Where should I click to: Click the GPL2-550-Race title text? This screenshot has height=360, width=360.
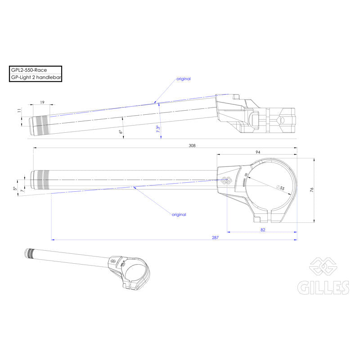[x=28, y=70]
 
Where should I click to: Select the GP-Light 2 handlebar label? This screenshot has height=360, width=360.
[x=36, y=77]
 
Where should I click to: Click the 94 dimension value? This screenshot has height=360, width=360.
[x=257, y=152]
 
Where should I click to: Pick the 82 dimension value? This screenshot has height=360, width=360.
[x=262, y=230]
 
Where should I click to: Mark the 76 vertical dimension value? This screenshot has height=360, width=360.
[x=311, y=190]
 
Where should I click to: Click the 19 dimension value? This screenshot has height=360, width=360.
[x=42, y=103]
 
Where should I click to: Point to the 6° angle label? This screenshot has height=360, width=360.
[x=121, y=132]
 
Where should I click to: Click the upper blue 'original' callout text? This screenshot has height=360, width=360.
[x=183, y=79]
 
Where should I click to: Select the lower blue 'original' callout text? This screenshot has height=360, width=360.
[x=179, y=215]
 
